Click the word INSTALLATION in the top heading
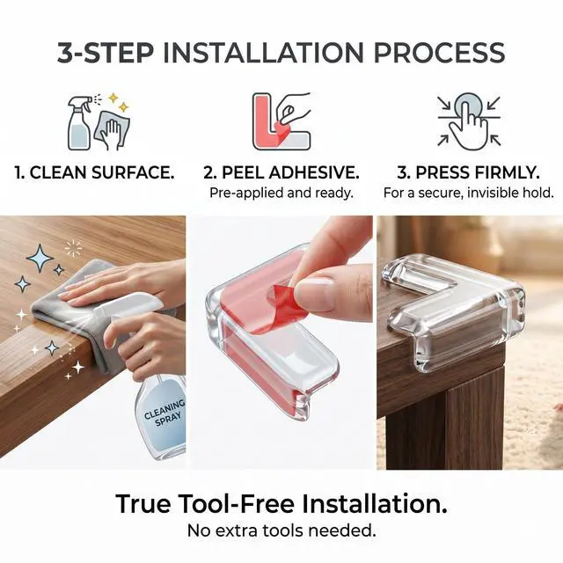(263, 53)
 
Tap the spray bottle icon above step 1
(80, 123)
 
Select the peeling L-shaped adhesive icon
(281, 121)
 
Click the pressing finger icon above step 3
(469, 121)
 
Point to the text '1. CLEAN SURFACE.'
(94, 172)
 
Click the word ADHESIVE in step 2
(314, 172)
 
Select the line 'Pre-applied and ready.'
(281, 193)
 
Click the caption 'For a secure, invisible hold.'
(469, 193)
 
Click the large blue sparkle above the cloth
(40, 258)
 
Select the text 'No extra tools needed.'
(281, 530)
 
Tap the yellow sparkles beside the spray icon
(118, 102)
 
